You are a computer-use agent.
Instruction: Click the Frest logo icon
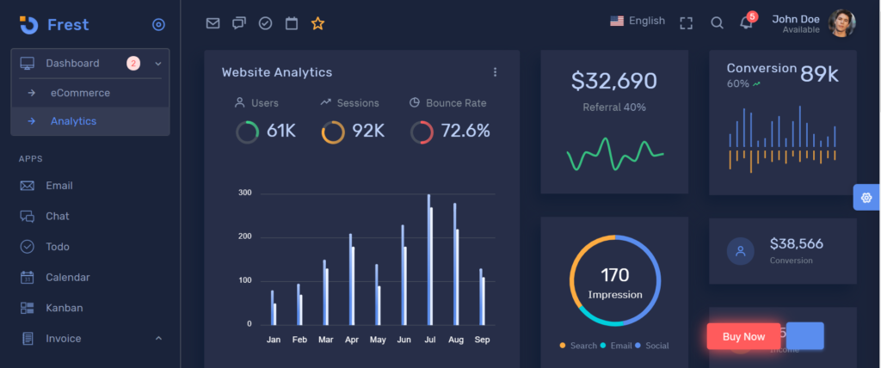[x=28, y=25]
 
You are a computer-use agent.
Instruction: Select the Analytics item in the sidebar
[x=73, y=121]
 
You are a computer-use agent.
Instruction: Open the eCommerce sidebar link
[x=80, y=93]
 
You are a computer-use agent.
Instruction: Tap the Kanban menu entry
[x=64, y=308]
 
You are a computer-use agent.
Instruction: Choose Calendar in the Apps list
[x=67, y=278]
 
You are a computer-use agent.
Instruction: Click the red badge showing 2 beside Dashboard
[x=133, y=63]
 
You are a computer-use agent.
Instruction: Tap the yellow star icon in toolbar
[x=317, y=23]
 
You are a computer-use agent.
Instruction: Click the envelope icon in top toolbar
[x=213, y=23]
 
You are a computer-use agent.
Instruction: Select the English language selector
[x=638, y=21]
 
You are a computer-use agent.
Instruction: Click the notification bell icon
[x=746, y=23]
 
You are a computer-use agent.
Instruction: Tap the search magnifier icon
[x=717, y=23]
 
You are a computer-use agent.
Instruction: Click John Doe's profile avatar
[x=841, y=23]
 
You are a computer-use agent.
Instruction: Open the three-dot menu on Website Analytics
[x=495, y=72]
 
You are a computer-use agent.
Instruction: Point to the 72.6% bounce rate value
[x=465, y=132]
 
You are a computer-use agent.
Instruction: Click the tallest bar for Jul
[x=428, y=260]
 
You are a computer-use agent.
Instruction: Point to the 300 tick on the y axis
[x=245, y=193]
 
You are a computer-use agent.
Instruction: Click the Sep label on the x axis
[x=483, y=340]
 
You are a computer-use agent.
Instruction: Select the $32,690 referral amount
[x=613, y=81]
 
